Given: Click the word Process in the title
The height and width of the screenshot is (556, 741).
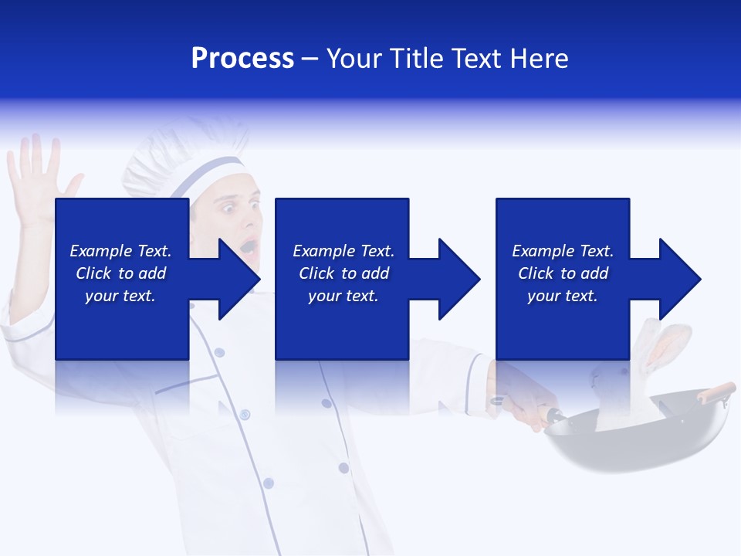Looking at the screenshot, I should pos(242,59).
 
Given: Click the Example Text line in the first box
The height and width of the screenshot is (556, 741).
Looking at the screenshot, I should pos(120,251).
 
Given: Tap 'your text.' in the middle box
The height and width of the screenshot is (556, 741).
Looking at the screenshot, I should pos(343,296).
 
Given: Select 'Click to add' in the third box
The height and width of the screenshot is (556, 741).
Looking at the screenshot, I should pos(563,273).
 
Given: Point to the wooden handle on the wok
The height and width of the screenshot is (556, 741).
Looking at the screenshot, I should pos(716,392).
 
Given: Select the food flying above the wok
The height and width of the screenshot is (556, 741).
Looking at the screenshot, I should pos(665,347).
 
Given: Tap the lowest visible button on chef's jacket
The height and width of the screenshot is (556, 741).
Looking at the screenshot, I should pos(268,483).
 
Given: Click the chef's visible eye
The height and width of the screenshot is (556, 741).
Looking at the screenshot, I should pos(229,206).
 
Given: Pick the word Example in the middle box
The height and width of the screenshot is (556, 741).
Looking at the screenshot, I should pos(318,251).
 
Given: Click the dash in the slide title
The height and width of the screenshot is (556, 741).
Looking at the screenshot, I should pos(310,59).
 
